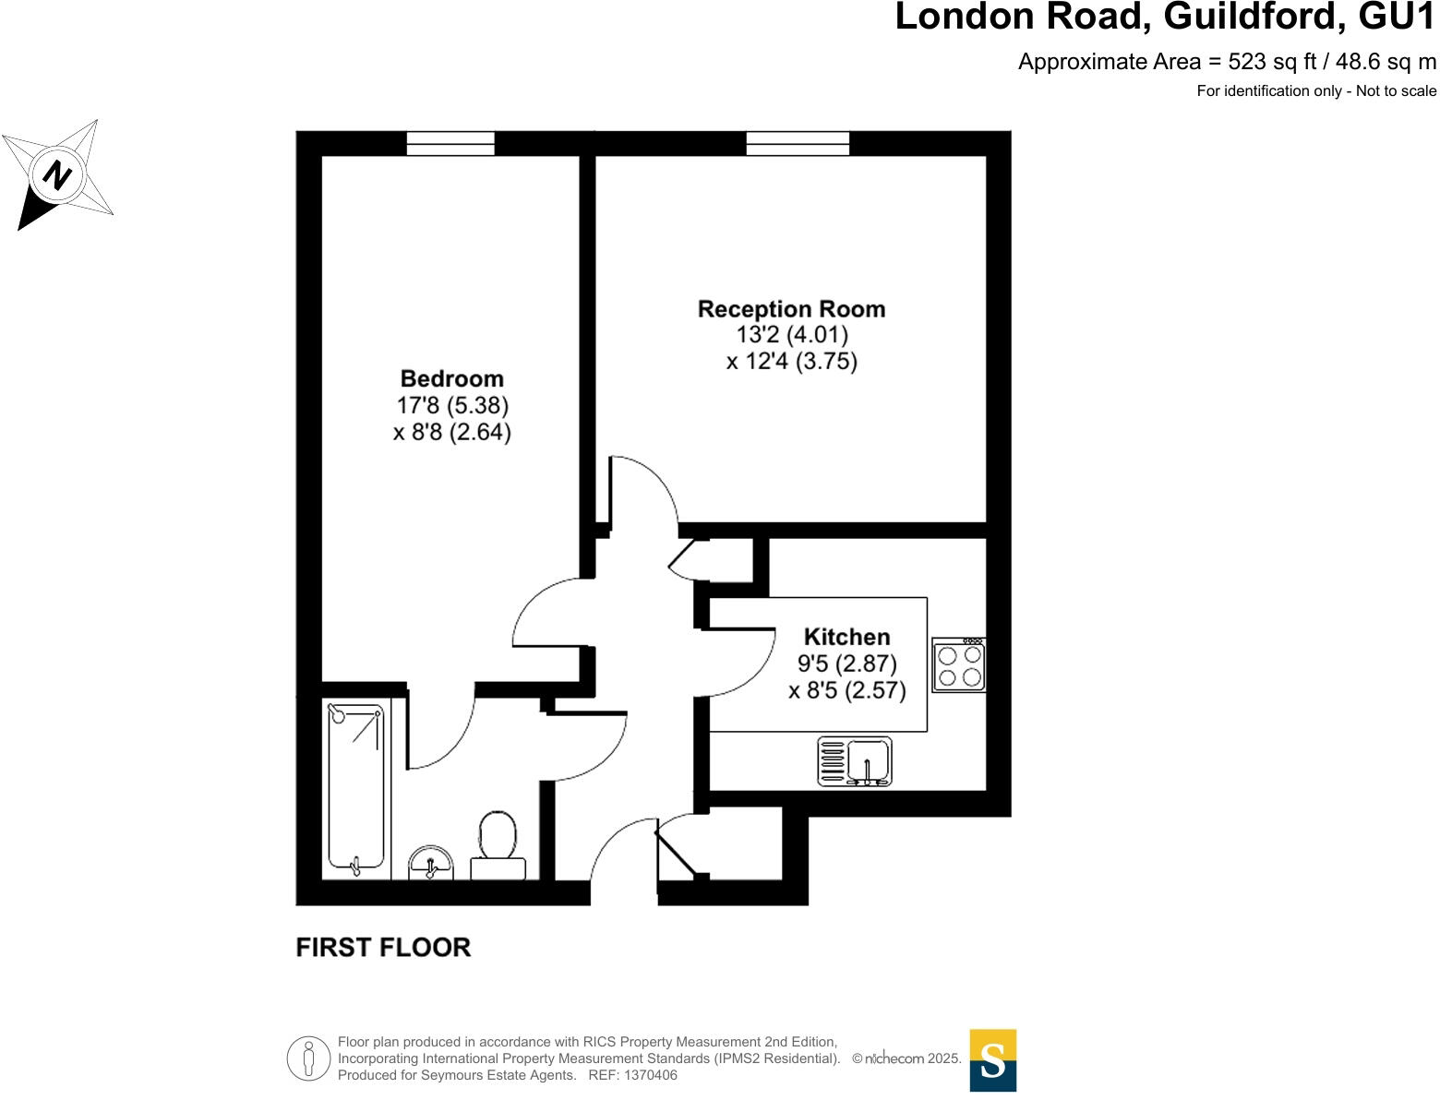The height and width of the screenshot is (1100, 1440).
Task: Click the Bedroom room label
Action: tap(451, 378)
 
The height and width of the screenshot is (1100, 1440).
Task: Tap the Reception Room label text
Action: tap(791, 309)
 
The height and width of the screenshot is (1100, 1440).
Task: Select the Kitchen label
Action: tap(846, 637)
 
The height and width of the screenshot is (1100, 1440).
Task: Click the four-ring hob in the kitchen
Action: tap(959, 665)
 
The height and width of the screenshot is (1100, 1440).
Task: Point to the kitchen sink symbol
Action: tap(855, 761)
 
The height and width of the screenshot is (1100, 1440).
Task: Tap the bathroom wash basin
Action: tap(431, 864)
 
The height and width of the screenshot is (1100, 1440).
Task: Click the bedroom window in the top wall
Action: tap(450, 143)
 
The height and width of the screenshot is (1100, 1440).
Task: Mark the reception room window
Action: tap(798, 143)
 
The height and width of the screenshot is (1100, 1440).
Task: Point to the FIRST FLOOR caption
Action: tap(383, 948)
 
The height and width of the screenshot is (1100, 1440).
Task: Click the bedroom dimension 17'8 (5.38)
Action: tap(452, 405)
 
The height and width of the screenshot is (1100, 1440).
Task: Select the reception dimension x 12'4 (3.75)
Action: tap(791, 361)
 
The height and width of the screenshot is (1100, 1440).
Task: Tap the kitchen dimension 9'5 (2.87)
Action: tap(846, 664)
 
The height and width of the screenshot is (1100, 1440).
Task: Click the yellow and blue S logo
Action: tap(992, 1060)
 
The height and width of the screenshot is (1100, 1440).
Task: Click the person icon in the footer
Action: tap(308, 1058)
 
